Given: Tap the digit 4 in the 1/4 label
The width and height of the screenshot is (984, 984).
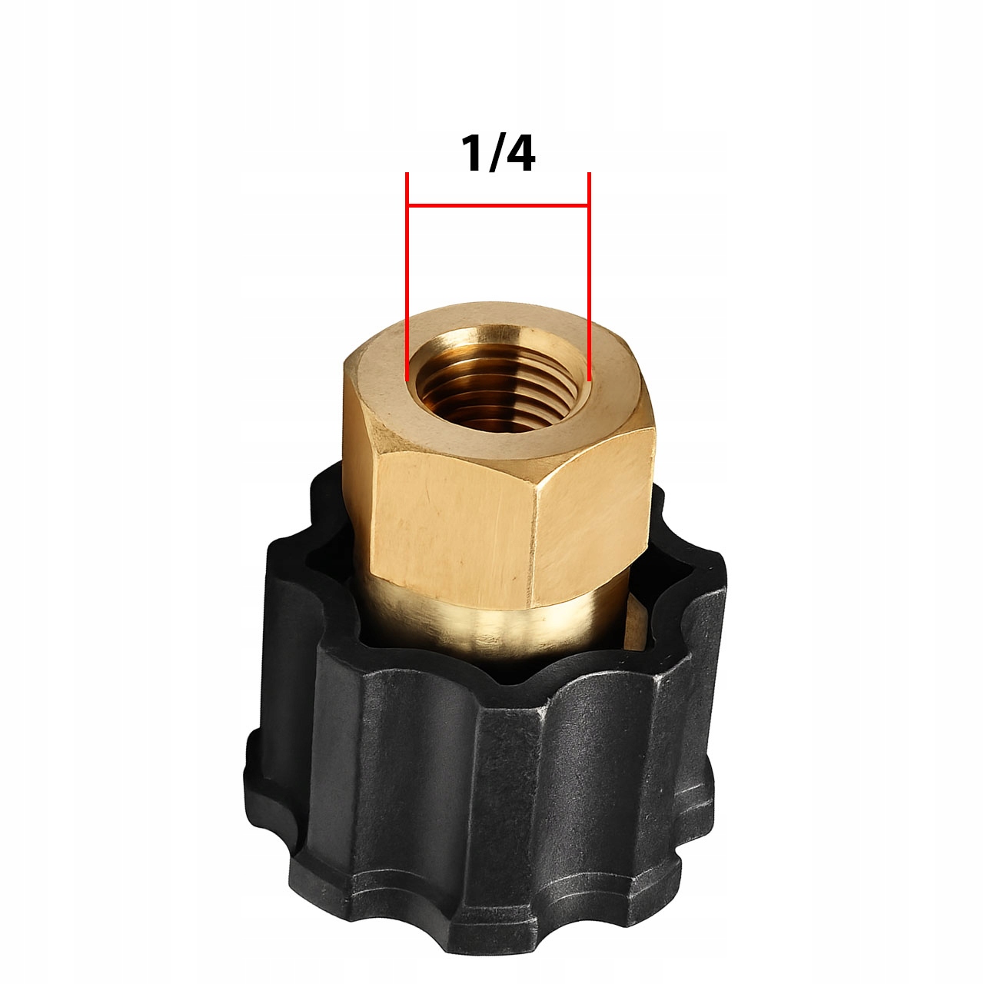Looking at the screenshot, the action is point(518,153).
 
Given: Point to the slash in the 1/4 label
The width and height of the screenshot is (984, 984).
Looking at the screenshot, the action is point(492,153).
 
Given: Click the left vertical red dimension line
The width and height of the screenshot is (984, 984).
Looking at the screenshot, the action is point(407,276).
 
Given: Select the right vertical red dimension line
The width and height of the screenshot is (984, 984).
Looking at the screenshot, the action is point(590,276).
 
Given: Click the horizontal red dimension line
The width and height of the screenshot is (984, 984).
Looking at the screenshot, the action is point(498,206).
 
